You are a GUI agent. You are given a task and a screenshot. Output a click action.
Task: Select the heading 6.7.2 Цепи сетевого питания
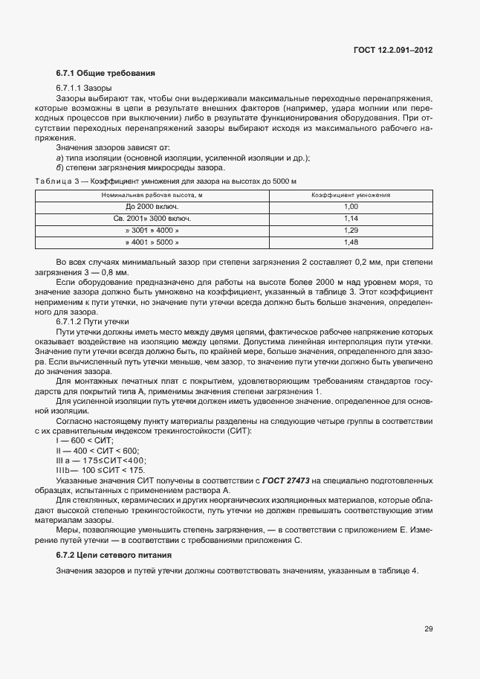pos(114,556)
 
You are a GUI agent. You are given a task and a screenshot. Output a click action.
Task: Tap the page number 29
pos(429,629)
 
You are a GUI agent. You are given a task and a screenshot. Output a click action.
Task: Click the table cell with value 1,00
pos(351,206)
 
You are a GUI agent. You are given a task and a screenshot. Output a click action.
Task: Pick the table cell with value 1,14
pos(351,219)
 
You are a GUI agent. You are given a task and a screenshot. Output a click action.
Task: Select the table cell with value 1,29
pos(351,231)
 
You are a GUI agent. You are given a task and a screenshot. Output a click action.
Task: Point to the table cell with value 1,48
pos(351,242)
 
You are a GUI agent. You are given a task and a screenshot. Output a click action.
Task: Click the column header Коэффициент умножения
pos(351,194)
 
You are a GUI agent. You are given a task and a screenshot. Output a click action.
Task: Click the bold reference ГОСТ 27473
pos(294,480)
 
